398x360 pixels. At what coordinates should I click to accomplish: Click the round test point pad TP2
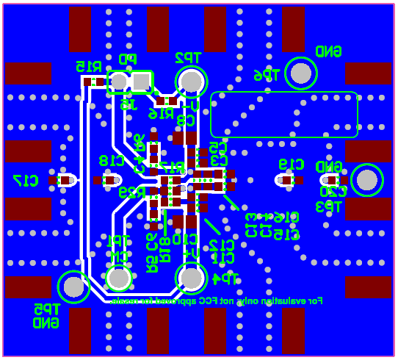191,81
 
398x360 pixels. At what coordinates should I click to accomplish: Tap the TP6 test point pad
300,73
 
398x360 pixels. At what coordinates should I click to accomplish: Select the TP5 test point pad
73,287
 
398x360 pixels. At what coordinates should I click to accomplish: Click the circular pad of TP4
191,278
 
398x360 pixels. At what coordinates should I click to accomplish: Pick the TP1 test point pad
118,278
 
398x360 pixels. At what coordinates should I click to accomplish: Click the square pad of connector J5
141,82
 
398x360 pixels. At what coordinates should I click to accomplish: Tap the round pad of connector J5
119,82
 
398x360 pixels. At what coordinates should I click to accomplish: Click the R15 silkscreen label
88,66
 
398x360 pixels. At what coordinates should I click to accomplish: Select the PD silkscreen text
128,59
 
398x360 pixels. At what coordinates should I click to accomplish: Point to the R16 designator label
161,114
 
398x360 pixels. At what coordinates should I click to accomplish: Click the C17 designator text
26,180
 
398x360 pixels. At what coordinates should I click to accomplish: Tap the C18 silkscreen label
112,161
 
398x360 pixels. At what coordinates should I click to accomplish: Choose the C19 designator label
292,164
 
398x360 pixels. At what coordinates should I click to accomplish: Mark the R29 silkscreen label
132,192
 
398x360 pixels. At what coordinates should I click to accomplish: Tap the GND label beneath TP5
46,323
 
